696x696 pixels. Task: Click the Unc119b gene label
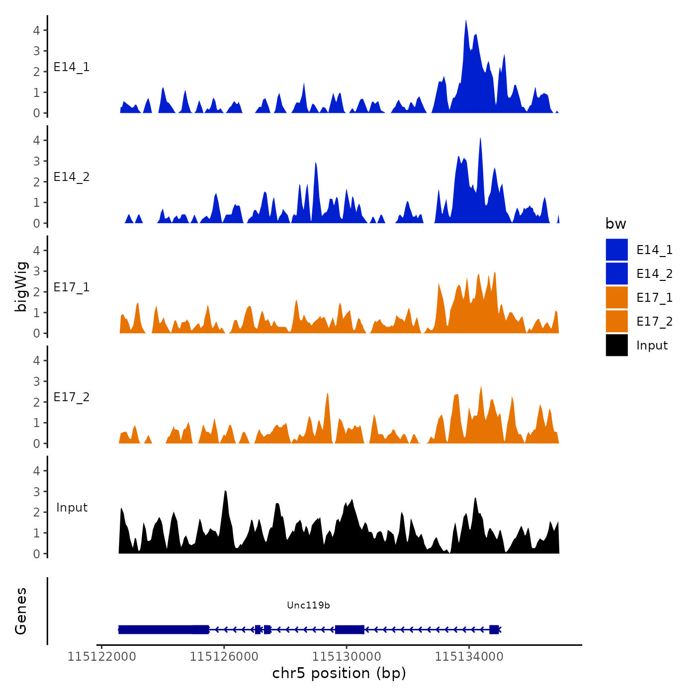coord(308,605)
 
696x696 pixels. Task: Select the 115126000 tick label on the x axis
coord(224,657)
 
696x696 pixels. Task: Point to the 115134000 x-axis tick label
coord(469,657)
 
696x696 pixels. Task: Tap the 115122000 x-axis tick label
coord(101,657)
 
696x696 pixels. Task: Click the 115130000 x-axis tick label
coord(347,657)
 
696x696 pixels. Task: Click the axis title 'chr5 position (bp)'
coord(339,673)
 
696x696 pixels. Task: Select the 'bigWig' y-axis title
coord(21,286)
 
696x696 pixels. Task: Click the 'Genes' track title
coord(21,611)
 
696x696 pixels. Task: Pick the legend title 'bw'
coord(615,224)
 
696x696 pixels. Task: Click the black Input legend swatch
coord(616,345)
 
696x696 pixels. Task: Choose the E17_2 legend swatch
coord(616,321)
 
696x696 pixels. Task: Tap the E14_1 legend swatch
coord(616,250)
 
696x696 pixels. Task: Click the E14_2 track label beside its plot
coord(72,177)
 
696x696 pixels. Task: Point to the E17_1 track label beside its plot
coord(72,287)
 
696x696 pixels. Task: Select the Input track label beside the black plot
coord(72,508)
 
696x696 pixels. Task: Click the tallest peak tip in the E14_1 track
coord(466,21)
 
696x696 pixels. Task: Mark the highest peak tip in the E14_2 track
coord(480,138)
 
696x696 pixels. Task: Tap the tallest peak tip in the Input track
coord(226,491)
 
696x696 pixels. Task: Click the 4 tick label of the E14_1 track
coord(36,30)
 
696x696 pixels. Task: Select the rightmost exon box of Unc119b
coord(494,629)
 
